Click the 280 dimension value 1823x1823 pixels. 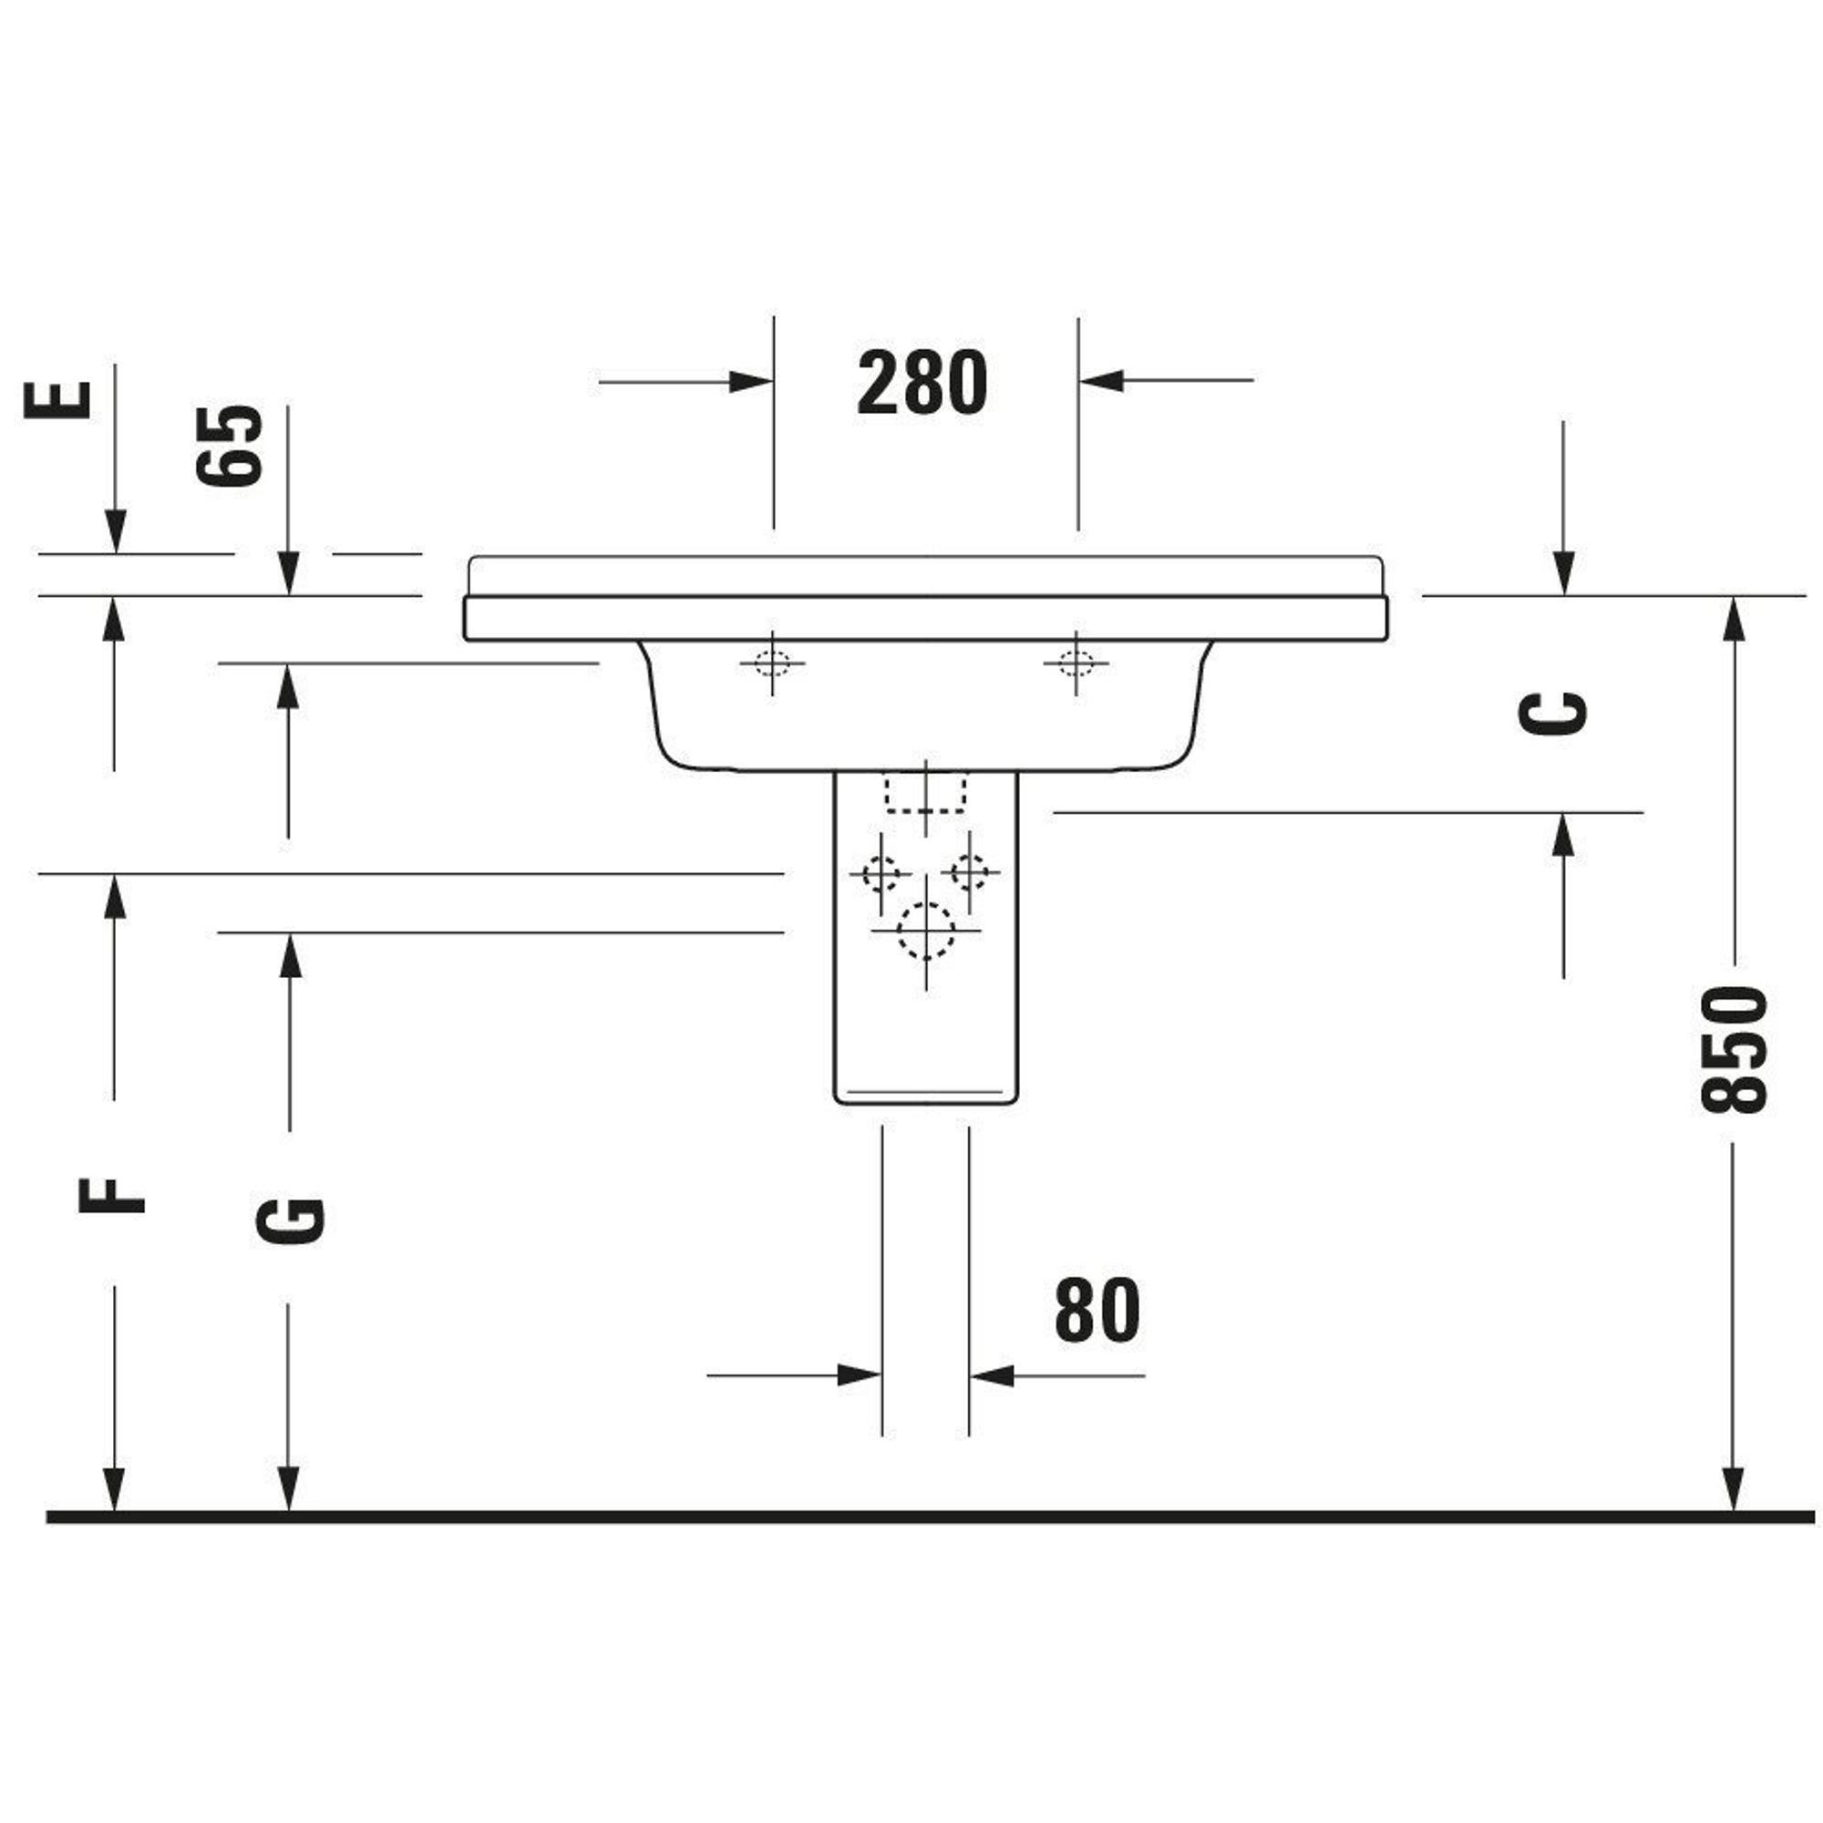922,382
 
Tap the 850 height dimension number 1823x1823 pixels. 1732,1048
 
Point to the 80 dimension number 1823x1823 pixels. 1097,1310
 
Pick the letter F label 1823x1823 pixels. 111,1196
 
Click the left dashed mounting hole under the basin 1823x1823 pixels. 773,664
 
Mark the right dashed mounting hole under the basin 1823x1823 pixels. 1076,664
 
